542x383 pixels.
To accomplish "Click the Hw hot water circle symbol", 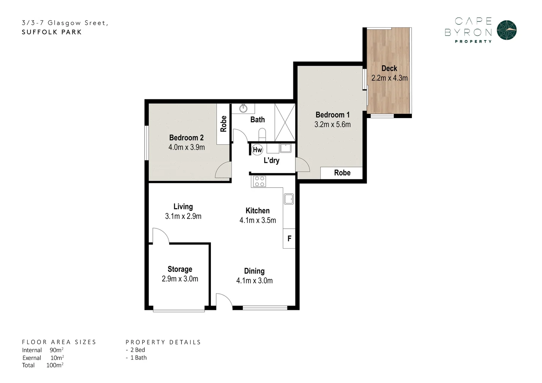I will click(257, 150).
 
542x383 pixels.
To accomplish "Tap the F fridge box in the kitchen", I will click(289, 238).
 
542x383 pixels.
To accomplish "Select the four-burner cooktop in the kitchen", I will click(259, 181).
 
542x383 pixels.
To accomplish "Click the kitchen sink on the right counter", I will click(289, 199).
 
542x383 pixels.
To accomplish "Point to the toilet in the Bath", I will click(262, 134).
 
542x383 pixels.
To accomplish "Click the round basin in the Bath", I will click(243, 108).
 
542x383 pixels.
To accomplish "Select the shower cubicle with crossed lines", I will click(285, 122).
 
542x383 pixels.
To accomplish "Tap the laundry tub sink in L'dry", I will click(285, 148).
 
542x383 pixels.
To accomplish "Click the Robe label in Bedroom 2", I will click(223, 124).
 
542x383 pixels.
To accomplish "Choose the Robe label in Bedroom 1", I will click(342, 173).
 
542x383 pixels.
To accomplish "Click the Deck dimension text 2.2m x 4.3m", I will click(389, 78).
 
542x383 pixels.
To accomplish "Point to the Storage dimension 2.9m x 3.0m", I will click(180, 279).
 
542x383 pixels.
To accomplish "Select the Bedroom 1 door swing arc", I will click(302, 165).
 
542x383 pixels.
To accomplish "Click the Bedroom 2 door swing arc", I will click(223, 170).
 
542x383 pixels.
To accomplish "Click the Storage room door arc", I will click(160, 235).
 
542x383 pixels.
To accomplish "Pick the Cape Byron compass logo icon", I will click(507, 30).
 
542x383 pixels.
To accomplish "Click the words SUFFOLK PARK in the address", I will click(52, 32).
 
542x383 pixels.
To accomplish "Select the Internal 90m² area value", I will click(56, 350).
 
